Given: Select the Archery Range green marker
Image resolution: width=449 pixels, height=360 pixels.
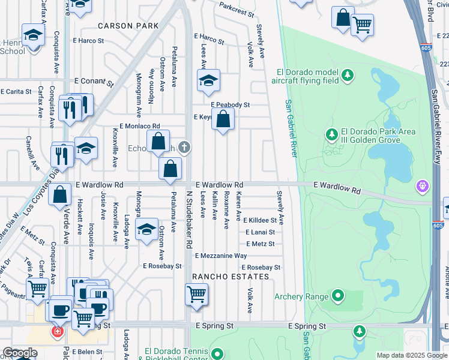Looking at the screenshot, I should (x=338, y=296).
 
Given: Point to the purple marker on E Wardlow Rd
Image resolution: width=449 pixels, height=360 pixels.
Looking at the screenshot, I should (x=424, y=187).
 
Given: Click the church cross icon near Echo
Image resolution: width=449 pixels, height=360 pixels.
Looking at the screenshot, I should (x=185, y=147).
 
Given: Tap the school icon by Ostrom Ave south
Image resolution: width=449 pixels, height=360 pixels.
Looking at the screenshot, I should (x=146, y=230).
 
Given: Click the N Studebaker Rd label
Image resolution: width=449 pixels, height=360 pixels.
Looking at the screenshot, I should (x=189, y=220).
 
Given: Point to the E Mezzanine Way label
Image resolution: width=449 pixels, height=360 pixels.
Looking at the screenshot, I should (x=220, y=256).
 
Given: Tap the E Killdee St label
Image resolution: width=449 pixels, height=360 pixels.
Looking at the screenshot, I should (x=261, y=221).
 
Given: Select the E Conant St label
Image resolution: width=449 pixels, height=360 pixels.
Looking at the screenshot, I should (x=94, y=81).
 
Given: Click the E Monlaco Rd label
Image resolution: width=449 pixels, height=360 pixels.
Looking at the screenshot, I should (x=140, y=127).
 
